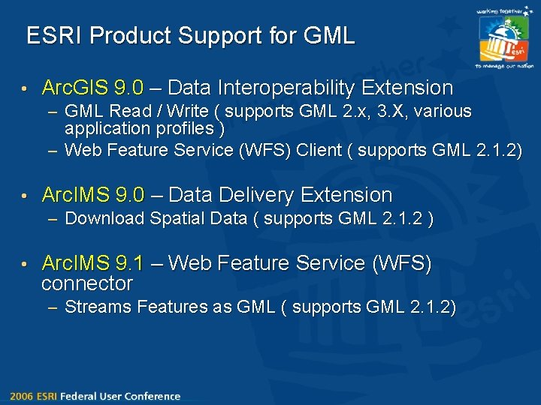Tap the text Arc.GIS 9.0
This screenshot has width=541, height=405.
point(92,88)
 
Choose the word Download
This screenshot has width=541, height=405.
point(104,218)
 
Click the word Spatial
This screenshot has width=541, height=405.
point(174,218)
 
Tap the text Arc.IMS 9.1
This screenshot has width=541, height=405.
point(92,263)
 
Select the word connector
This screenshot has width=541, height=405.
point(86,283)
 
